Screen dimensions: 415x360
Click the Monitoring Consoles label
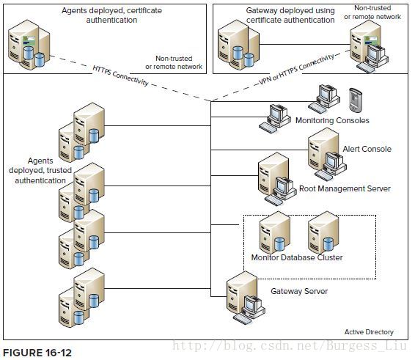[x=332, y=120]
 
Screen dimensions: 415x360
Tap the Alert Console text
[x=367, y=149]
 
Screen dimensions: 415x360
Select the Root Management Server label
[x=345, y=188]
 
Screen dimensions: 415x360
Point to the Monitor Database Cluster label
[x=297, y=257]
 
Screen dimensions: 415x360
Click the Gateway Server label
[x=299, y=291]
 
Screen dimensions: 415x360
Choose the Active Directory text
[x=369, y=332]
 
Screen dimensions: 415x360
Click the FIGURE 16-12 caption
[x=37, y=353]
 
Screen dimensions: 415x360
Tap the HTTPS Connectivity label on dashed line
[x=120, y=76]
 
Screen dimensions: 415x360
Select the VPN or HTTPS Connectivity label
[x=296, y=70]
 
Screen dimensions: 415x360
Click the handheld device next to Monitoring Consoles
[x=356, y=100]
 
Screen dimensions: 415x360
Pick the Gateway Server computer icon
[x=246, y=298]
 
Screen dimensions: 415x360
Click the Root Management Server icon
[x=277, y=179]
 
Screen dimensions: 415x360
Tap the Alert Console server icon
[x=327, y=155]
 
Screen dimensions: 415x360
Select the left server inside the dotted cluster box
[x=274, y=232]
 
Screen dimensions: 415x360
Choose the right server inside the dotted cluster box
[x=323, y=232]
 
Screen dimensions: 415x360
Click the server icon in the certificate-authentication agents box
[x=29, y=45]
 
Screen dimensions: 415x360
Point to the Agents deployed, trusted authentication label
[x=40, y=171]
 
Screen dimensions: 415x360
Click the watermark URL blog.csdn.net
[x=290, y=346]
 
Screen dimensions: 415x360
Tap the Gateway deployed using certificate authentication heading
[x=290, y=15]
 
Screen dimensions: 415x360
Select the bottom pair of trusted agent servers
[x=81, y=298]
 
